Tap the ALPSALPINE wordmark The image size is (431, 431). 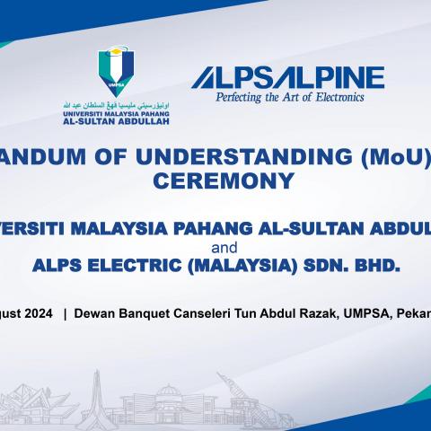(286, 78)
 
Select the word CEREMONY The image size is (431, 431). (229, 180)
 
